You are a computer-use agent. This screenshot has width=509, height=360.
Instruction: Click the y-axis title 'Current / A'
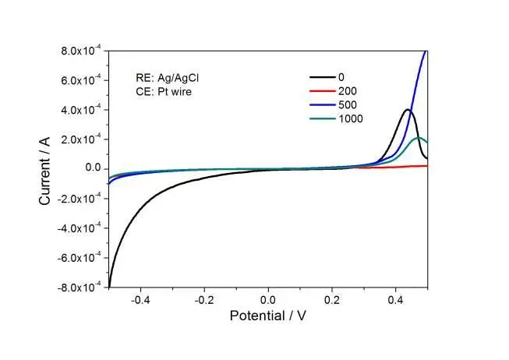tap(45, 168)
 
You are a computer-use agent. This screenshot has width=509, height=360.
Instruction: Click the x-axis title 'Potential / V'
tap(269, 316)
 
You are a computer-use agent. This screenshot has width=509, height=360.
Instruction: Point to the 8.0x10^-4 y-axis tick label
tap(81, 51)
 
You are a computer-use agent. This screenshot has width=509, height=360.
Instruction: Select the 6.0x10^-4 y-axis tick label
tap(81, 80)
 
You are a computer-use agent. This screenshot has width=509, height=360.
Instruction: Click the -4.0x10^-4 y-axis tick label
tap(80, 228)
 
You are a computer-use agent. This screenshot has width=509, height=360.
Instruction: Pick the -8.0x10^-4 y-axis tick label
tap(80, 288)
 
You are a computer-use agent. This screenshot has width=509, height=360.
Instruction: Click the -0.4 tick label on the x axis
tap(140, 298)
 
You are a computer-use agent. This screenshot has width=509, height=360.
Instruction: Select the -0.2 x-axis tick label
tap(204, 298)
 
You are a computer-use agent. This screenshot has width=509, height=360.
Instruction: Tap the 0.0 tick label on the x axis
tap(269, 298)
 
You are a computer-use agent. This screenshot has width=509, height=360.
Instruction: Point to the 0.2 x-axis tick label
tap(333, 298)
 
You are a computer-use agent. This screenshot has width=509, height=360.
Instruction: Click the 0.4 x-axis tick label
tap(396, 298)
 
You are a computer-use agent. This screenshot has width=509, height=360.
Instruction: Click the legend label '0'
tap(341, 76)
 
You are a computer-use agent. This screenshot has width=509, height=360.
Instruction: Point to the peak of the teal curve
tap(419, 138)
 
